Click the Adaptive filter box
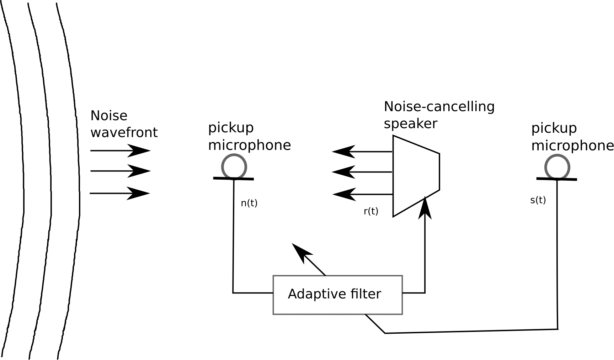tap(337, 295)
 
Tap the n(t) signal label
tap(249, 203)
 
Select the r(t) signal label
tap(371, 211)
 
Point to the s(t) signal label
tap(538, 200)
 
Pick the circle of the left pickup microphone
tap(234, 166)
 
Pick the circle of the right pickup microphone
tap(557, 167)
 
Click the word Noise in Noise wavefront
tap(109, 116)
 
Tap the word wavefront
tap(124, 133)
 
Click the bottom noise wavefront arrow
tap(120, 193)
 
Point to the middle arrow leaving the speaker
tap(362, 172)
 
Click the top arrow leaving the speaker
tap(362, 152)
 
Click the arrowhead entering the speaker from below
tap(425, 208)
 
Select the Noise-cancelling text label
tap(439, 107)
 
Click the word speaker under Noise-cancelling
tap(410, 124)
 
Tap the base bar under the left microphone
tap(233, 178)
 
